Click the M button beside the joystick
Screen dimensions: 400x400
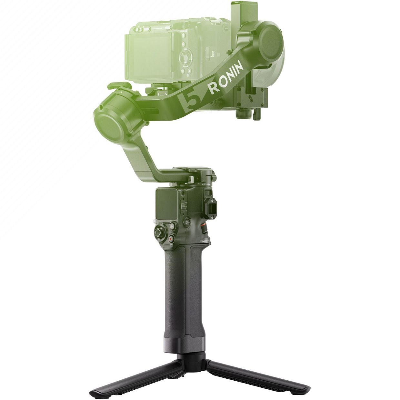[172, 227]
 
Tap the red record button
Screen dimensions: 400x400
[171, 239]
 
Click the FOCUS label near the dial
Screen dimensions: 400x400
[204, 241]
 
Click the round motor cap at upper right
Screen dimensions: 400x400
[270, 38]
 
